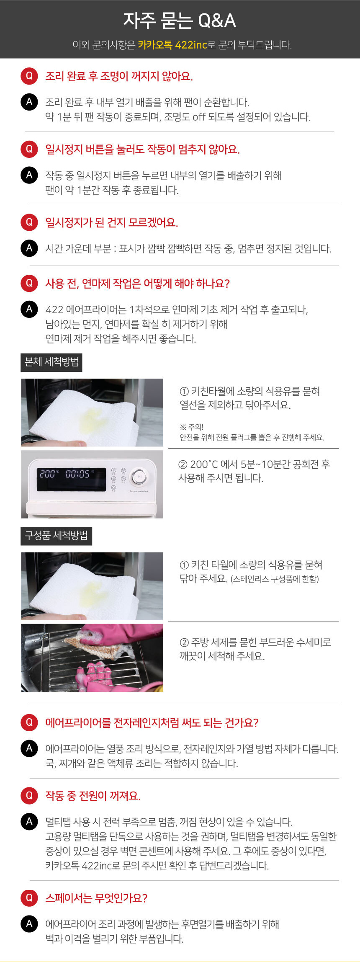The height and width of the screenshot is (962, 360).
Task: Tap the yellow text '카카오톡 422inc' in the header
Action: (172, 45)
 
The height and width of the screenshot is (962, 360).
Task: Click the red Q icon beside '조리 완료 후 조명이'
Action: (29, 76)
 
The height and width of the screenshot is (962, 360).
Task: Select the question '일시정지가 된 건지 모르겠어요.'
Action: (112, 222)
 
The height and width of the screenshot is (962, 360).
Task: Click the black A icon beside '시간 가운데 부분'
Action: (29, 248)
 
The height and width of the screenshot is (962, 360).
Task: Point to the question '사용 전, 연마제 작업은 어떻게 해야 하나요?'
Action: (138, 284)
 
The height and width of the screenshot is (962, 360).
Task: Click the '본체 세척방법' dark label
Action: (51, 362)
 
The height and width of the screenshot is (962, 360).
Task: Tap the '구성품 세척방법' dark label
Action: (56, 536)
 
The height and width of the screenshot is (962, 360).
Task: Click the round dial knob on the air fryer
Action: (140, 477)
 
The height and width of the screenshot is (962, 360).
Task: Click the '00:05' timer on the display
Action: (77, 474)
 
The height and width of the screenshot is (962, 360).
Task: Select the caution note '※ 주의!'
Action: (191, 427)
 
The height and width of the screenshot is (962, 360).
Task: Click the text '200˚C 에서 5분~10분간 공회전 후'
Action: (254, 464)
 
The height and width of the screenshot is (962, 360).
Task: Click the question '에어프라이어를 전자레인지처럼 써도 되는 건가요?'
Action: (152, 722)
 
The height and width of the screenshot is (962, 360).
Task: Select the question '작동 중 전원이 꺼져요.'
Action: (93, 795)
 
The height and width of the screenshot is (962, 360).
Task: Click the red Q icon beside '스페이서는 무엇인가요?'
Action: (29, 898)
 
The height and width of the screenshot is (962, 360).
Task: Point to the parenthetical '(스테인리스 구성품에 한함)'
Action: (275, 579)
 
